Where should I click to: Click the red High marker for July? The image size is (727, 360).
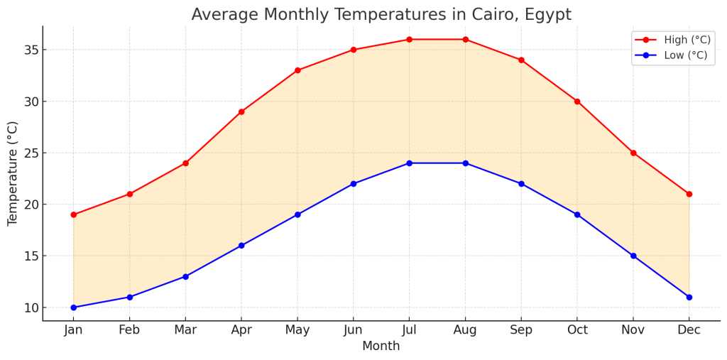(x=410, y=39)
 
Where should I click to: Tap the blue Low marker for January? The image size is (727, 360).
(x=73, y=307)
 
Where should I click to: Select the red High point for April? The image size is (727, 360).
(x=241, y=111)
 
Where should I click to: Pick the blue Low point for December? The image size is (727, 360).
(x=689, y=297)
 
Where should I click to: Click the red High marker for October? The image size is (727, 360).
(x=577, y=102)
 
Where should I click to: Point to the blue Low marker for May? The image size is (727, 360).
(x=297, y=214)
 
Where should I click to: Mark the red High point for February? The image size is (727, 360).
(x=129, y=194)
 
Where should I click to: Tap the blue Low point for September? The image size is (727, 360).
(x=521, y=184)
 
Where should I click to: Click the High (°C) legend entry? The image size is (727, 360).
(x=672, y=40)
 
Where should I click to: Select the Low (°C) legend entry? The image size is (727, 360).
(x=672, y=55)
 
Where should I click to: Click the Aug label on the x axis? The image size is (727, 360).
(x=465, y=330)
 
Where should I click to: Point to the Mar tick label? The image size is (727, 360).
(x=185, y=330)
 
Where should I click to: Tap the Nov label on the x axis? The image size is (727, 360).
(x=633, y=330)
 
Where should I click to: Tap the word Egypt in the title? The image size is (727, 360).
(x=547, y=15)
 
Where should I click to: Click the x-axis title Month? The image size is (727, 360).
(x=381, y=347)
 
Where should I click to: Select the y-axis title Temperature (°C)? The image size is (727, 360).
(x=13, y=173)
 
